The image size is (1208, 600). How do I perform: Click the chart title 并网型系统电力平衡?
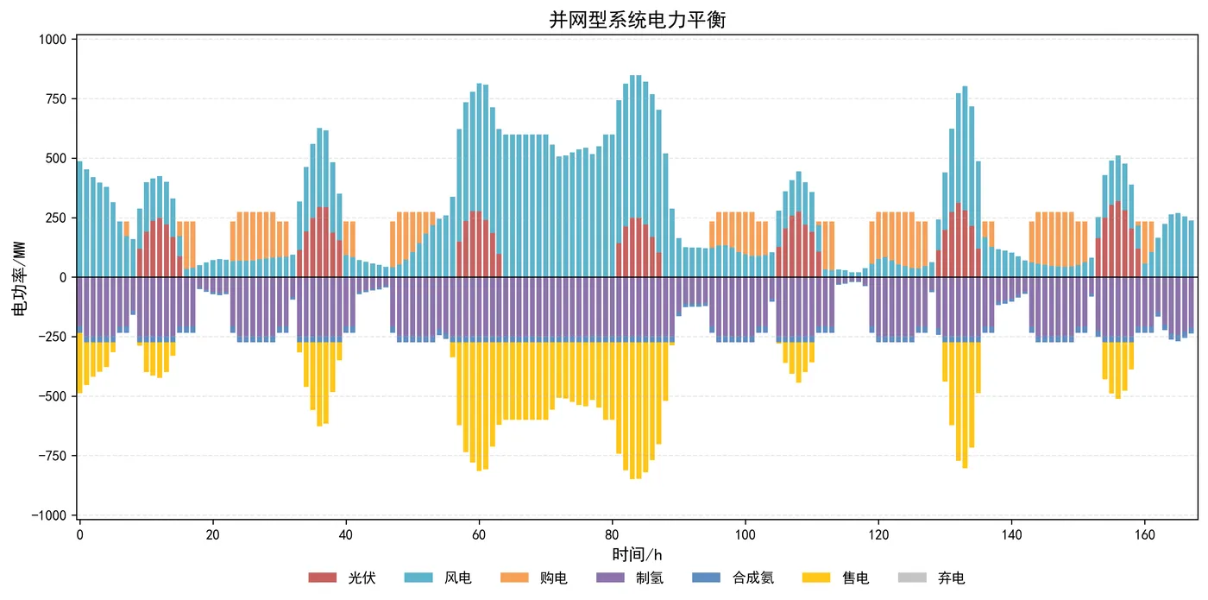638,20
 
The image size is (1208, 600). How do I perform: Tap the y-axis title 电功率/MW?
18,276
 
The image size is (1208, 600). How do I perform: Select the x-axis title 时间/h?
637,554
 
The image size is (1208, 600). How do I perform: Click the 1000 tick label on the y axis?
53,40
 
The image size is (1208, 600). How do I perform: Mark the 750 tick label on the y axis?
57,99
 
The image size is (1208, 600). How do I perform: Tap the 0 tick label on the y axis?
65,277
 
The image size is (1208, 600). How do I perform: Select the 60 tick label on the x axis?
478,534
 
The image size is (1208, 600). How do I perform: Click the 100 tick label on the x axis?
745,534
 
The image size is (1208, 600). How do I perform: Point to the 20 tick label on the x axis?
212,534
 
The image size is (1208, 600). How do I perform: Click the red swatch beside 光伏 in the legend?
321,578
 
